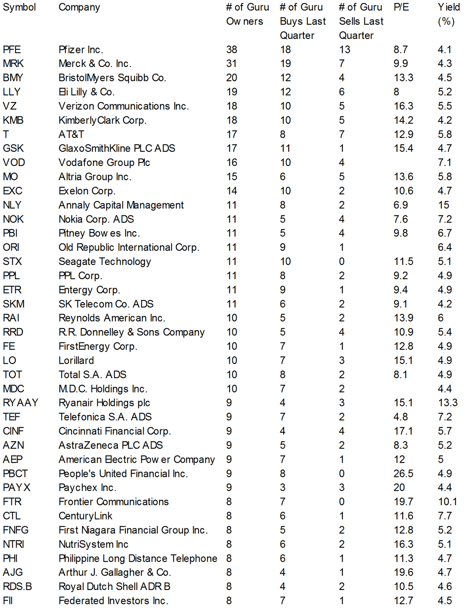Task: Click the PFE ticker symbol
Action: [x=12, y=49]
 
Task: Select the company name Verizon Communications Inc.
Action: [x=124, y=106]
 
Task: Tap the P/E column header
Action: [x=401, y=7]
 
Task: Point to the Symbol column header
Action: [x=19, y=7]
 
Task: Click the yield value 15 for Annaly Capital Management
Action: [x=443, y=205]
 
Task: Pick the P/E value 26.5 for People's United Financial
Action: [x=403, y=473]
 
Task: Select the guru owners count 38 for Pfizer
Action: [x=232, y=49]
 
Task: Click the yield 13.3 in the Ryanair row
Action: [x=448, y=403]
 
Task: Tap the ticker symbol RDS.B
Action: [x=17, y=587]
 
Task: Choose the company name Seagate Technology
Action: [x=105, y=261]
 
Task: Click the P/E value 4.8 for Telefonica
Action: [x=400, y=417]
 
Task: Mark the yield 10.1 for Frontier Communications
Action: [x=448, y=502]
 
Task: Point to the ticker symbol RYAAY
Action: [x=21, y=403]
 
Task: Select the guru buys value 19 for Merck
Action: [x=285, y=64]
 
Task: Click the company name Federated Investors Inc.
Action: [x=113, y=601]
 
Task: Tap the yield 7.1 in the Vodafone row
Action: [x=445, y=163]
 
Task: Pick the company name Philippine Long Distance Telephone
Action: [x=138, y=558]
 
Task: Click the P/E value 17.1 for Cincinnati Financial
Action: [x=403, y=431]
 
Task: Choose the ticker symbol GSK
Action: [x=13, y=148]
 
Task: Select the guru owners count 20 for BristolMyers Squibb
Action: [x=232, y=78]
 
